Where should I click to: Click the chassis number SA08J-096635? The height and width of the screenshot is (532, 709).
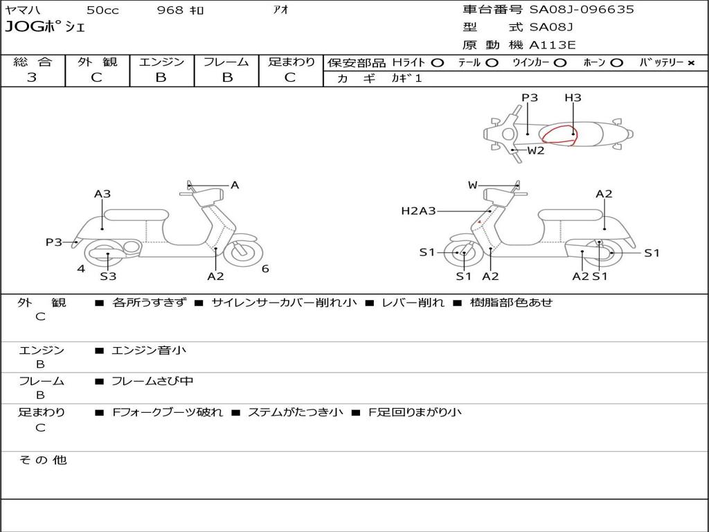(582, 10)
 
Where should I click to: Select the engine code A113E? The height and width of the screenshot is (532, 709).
(553, 46)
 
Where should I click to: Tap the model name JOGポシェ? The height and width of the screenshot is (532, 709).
(45, 28)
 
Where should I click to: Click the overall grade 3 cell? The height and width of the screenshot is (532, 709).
(32, 78)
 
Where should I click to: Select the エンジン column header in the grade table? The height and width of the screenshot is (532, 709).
(161, 62)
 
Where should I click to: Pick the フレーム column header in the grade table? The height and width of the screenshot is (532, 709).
(226, 62)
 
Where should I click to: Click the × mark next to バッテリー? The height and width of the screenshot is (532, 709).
(690, 63)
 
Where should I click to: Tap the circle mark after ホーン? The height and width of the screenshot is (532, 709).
(617, 63)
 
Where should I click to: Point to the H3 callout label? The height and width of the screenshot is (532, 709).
(573, 98)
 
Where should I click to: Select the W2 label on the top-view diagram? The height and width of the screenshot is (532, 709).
(536, 150)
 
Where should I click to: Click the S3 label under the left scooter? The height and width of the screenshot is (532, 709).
(108, 276)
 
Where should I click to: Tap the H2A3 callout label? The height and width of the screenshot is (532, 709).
(418, 211)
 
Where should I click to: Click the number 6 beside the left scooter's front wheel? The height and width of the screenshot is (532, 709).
(265, 269)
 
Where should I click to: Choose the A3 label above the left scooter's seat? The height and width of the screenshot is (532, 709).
(102, 194)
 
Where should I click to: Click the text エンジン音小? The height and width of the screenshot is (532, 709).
(149, 351)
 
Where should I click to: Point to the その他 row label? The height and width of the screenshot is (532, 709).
(43, 460)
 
